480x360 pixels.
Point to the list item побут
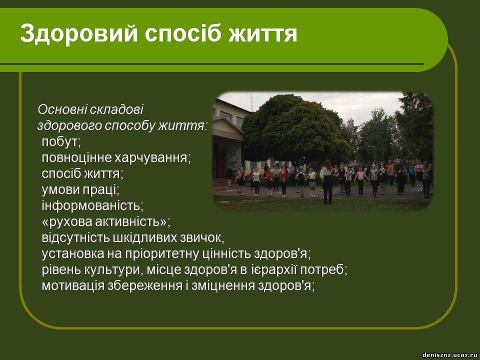pyautogui.click(x=61, y=141)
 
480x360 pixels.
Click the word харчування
pyautogui.click(x=152, y=158)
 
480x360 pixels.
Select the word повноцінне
pyautogui.click(x=76, y=158)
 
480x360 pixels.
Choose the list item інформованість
pyautogui.click(x=92, y=205)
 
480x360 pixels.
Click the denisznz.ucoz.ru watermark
pyautogui.click(x=450, y=355)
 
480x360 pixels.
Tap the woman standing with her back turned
pyautogui.click(x=327, y=182)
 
